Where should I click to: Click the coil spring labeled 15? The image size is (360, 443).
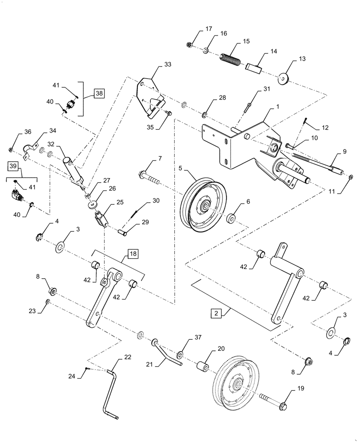(231, 59)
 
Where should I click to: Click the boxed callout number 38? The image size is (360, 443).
(99, 93)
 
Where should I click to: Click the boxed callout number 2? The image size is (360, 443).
(215, 314)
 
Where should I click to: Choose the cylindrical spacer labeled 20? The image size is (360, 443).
(202, 368)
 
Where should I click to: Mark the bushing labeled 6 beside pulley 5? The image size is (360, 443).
(231, 219)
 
